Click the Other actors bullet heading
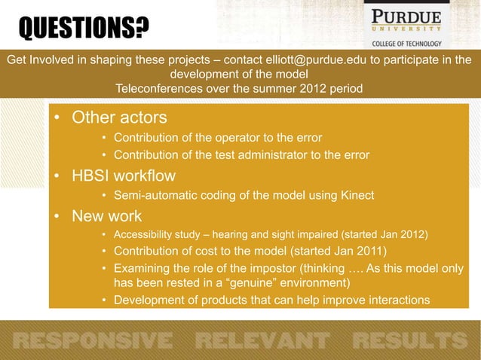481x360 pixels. pos(119,118)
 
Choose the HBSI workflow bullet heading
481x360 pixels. pos(124,177)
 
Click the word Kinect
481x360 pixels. pos(356,197)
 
